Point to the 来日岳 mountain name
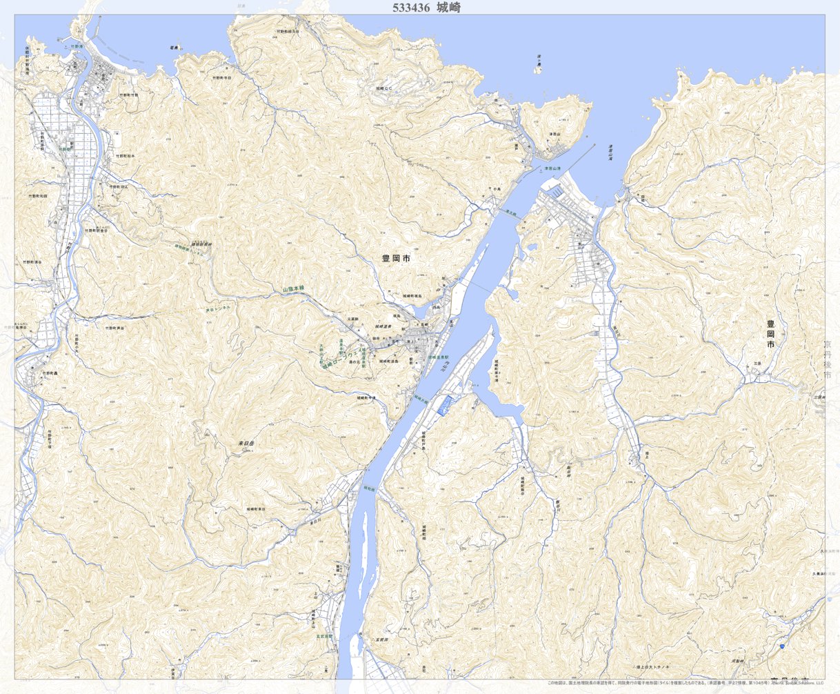[x=246, y=444]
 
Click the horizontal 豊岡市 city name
[x=396, y=258]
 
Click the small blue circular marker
[x=781, y=646]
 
